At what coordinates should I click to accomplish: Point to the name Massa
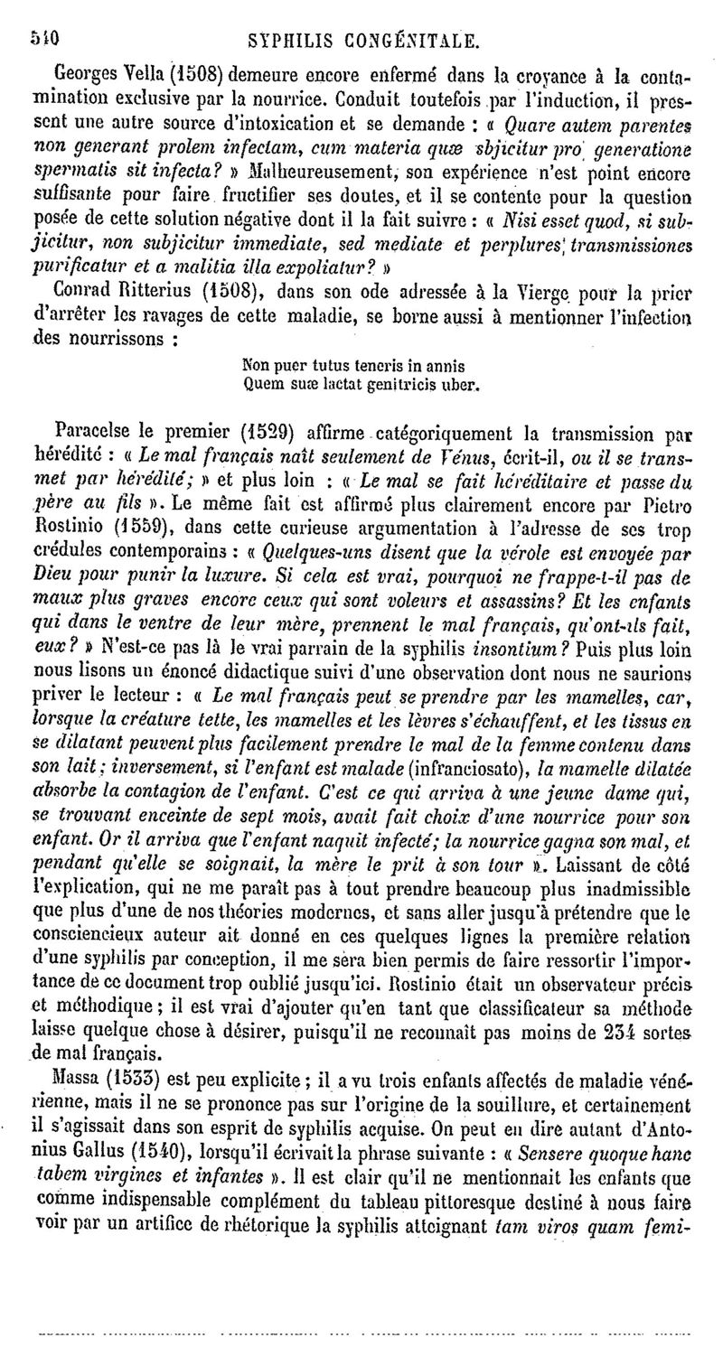[x=78, y=1078]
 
